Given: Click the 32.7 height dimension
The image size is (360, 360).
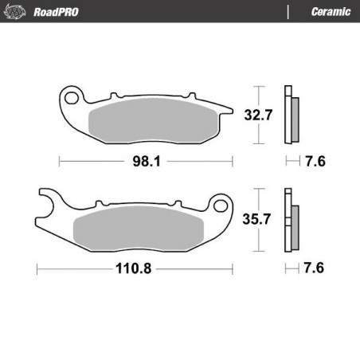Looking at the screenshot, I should (254, 114).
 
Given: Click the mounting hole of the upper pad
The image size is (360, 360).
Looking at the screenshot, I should (72, 98).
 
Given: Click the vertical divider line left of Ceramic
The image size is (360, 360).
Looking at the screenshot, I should (287, 10).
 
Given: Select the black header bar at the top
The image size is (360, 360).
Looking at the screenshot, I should (180, 10).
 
